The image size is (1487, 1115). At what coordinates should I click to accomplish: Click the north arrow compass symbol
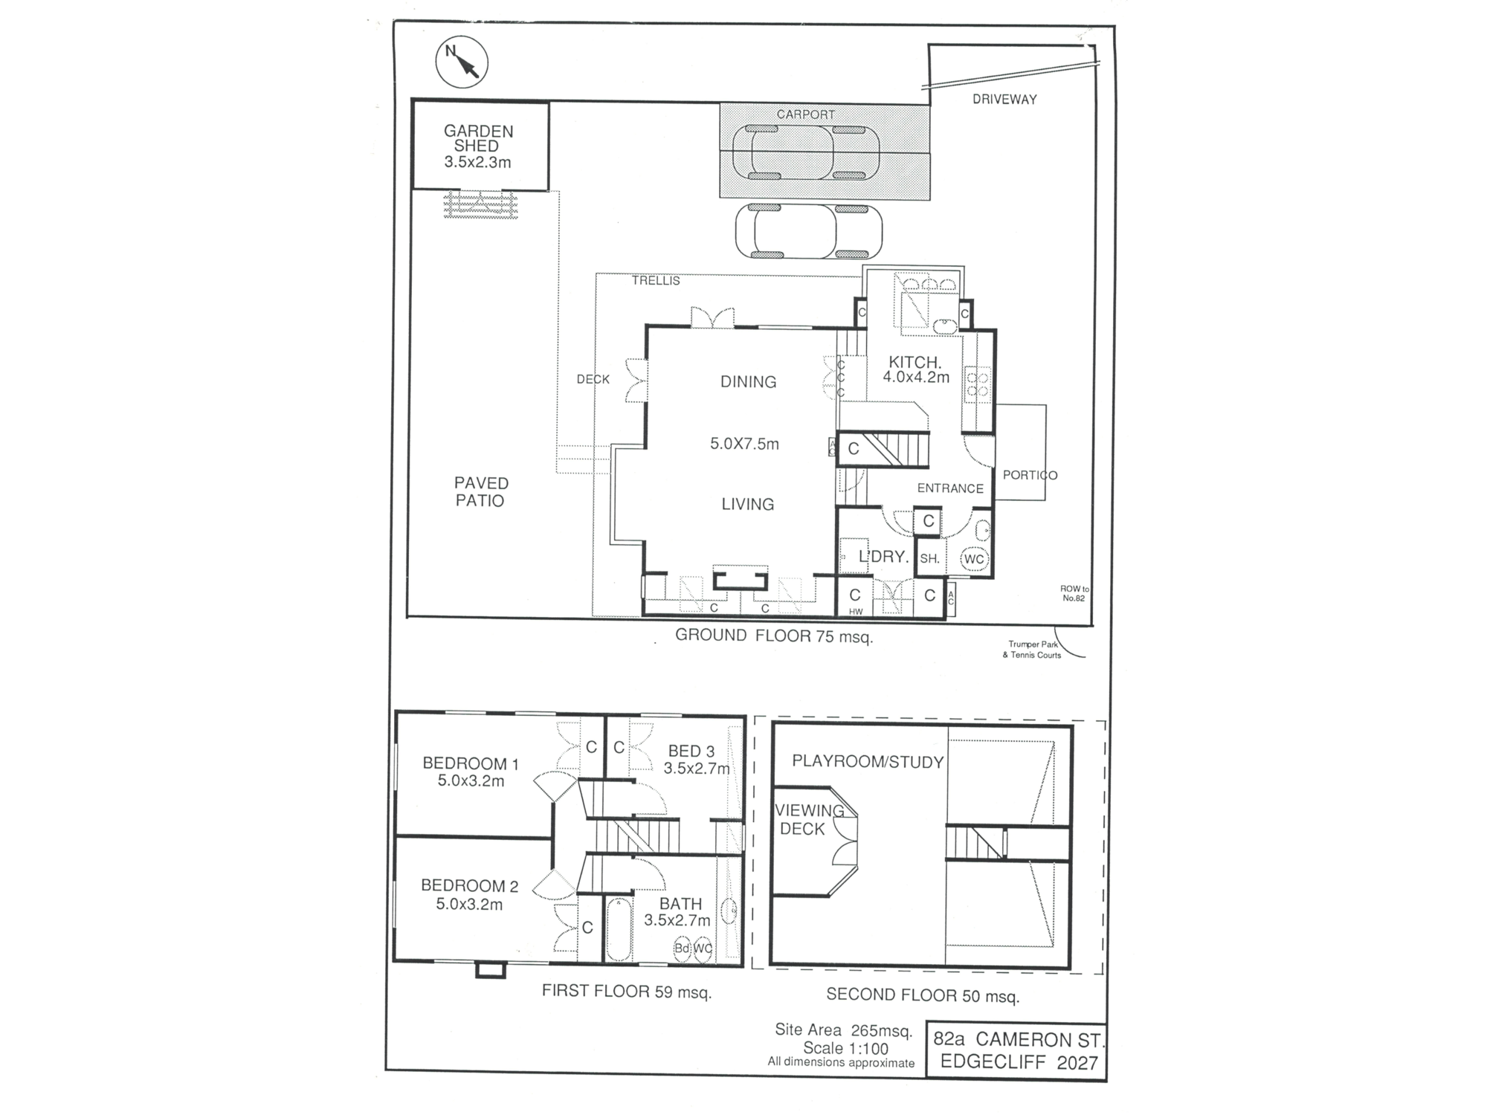coord(462,62)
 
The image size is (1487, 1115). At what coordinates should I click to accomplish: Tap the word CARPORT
coord(805,114)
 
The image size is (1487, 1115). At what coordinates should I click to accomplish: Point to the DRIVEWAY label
coord(1004,99)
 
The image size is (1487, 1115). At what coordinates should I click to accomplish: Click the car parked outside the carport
coord(808,231)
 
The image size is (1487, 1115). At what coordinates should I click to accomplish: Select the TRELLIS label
coord(656,281)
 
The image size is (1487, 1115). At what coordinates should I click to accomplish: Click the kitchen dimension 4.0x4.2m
coord(915,378)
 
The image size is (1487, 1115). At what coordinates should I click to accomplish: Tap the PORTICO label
coord(1029,475)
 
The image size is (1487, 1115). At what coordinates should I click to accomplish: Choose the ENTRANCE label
coord(949,488)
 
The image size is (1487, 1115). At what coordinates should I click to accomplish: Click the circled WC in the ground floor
coord(973,559)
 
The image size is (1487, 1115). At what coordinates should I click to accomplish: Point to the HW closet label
coord(856,612)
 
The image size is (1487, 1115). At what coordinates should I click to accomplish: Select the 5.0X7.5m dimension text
coord(744,445)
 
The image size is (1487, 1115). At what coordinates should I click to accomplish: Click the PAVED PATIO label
coord(480,492)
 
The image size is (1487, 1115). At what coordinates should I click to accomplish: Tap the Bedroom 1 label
coord(471,772)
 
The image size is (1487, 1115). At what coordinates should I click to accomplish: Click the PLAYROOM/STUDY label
coord(867,762)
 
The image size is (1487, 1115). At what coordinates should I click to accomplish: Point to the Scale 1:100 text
coord(845,1049)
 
